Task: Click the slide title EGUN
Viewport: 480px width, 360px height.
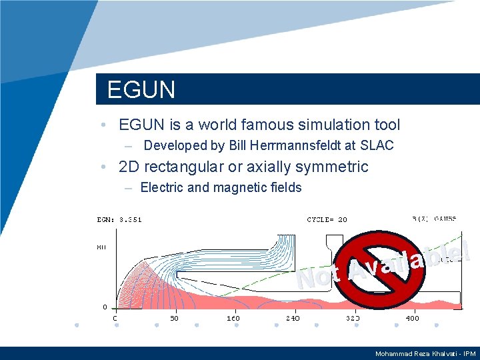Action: coord(141,90)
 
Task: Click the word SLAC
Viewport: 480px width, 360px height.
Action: coord(378,145)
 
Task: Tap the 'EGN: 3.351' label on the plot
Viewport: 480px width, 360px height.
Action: coord(120,219)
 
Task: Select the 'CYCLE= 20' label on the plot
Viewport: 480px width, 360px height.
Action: coord(327,219)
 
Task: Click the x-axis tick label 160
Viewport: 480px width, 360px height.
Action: coord(233,319)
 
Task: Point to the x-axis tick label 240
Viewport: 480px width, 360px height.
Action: coord(293,319)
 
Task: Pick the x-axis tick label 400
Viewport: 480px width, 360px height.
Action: coord(413,319)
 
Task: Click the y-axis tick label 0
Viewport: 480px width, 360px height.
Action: coord(105,307)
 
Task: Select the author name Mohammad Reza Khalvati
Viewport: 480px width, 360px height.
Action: coord(415,354)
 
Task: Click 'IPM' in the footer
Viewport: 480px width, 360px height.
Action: coord(469,354)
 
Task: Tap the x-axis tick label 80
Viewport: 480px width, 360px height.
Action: coord(174,319)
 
